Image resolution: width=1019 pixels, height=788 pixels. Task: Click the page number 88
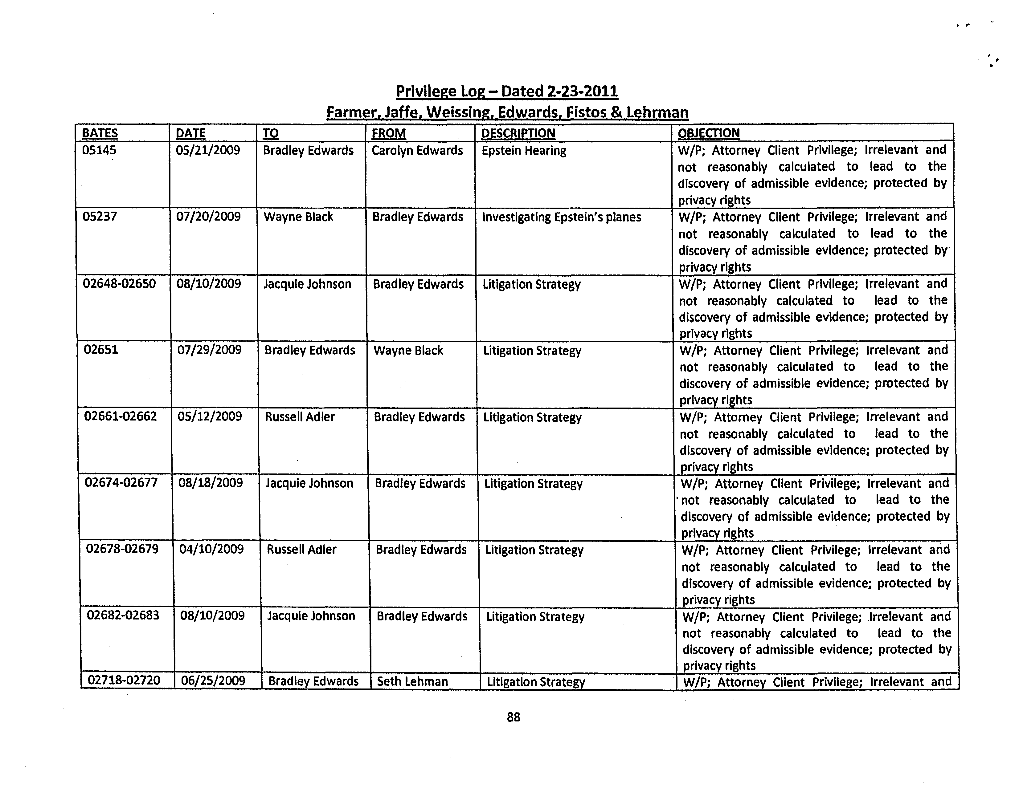coord(513,717)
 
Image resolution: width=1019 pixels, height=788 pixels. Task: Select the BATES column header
coord(100,133)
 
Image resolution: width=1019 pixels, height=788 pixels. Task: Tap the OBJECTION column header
coord(708,133)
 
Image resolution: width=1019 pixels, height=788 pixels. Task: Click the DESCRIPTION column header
coord(518,133)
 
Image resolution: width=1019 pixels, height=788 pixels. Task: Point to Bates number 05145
coord(99,150)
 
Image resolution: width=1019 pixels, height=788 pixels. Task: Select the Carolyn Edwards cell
coord(417,151)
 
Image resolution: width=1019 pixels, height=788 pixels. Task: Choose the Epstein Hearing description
coord(523,151)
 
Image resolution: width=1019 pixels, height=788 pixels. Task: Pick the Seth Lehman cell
coord(412,682)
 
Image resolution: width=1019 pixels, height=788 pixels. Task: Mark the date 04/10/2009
coord(211,549)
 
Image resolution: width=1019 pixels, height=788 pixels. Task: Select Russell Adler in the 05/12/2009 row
coord(300,417)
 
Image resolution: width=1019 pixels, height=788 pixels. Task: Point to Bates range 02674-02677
coord(121,483)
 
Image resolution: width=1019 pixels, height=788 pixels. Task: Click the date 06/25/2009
coord(213,681)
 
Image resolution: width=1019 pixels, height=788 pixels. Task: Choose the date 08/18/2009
coord(211,483)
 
